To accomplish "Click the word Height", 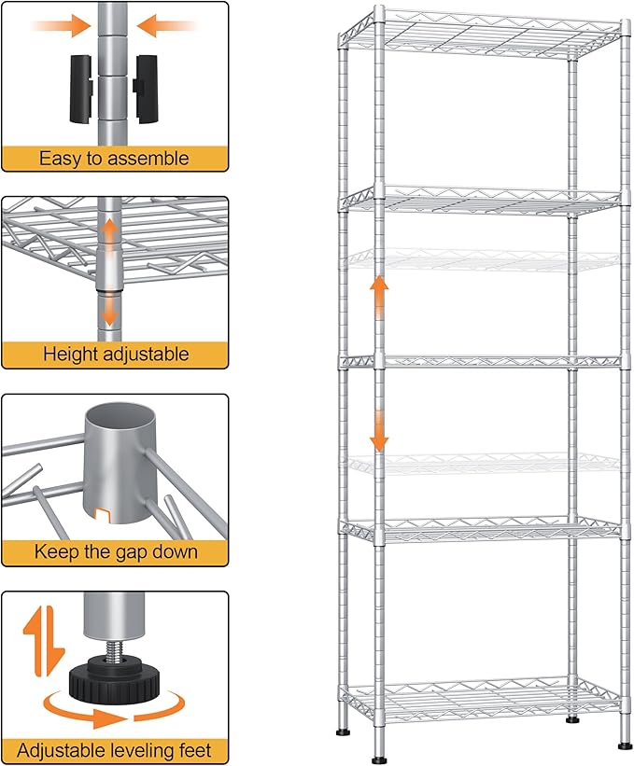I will click(72, 355).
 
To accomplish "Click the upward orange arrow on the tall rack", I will click(379, 297).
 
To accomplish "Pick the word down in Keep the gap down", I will click(174, 551).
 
